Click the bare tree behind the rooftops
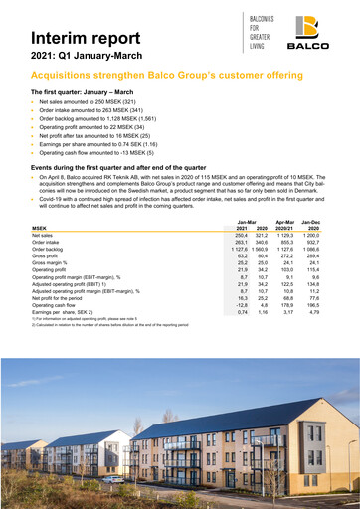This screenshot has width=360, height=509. [139, 418]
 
